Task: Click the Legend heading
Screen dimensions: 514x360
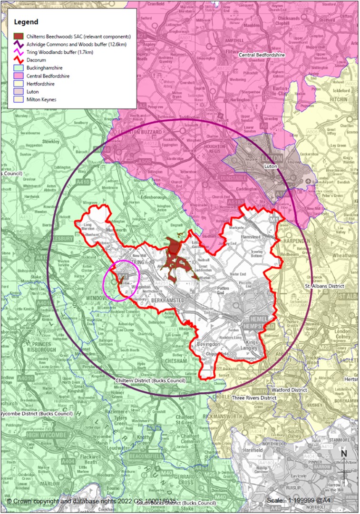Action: coord(26,22)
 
